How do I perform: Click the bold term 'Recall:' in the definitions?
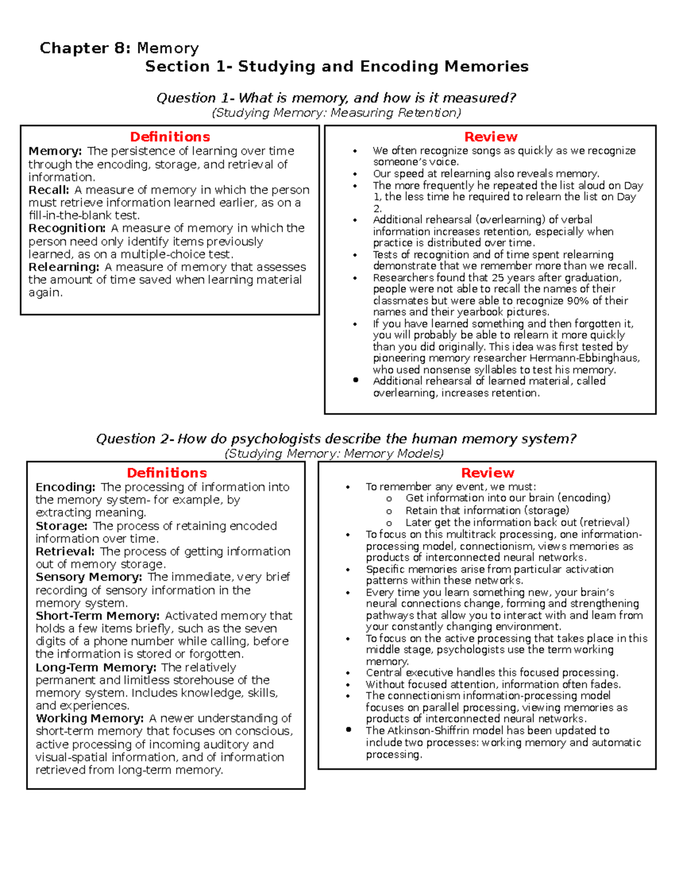tap(49, 190)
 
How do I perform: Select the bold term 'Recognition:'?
tap(67, 228)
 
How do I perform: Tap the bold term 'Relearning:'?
tap(64, 267)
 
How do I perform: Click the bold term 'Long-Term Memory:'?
tap(96, 668)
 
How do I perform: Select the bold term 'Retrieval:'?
tap(65, 552)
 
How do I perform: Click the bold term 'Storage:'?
tap(61, 526)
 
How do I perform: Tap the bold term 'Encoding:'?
tap(65, 487)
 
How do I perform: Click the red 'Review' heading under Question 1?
tap(490, 137)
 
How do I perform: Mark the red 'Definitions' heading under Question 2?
tap(166, 473)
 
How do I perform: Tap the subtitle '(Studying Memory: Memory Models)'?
tap(334, 454)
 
